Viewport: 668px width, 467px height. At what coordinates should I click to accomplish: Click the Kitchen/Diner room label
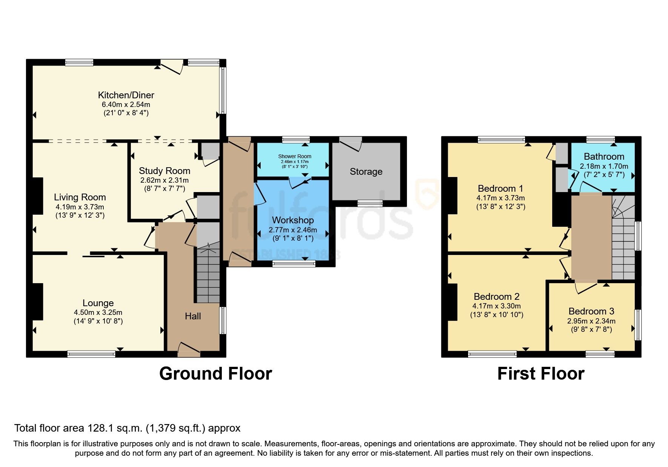[126, 95]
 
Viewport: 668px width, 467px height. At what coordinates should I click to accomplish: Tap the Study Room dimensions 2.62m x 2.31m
[164, 180]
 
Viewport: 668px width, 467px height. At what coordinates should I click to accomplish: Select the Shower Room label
[295, 156]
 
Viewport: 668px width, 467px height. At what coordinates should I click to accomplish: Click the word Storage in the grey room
[366, 172]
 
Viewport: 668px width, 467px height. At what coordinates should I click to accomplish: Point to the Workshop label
[293, 220]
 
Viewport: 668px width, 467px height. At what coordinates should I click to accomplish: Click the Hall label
[193, 316]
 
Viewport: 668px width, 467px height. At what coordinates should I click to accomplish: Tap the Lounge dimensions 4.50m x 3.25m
[98, 313]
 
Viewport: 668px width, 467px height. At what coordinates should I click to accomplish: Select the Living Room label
[80, 197]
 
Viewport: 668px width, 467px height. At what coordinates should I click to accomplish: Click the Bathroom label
[604, 157]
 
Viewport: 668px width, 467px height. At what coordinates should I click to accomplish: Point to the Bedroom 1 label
[501, 189]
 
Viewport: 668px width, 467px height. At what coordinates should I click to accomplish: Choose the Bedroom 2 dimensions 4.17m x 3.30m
[496, 306]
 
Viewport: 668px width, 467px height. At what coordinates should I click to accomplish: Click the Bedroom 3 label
[591, 311]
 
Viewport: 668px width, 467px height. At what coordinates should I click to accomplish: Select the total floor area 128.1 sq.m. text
[127, 428]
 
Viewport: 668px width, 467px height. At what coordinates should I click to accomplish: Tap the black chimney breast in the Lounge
[38, 301]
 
